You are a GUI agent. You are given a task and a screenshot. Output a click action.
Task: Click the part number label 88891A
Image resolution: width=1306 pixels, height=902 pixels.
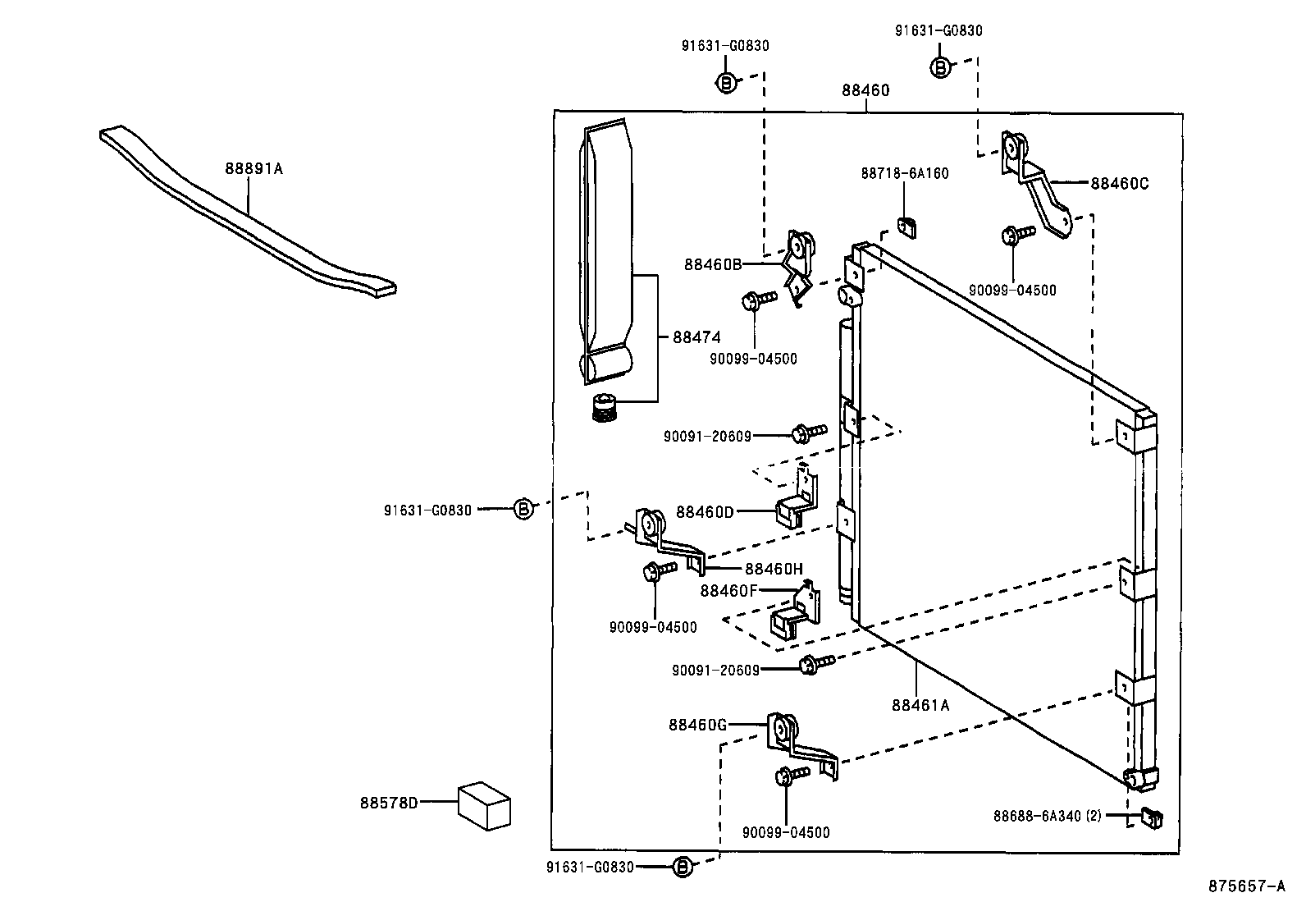[253, 170]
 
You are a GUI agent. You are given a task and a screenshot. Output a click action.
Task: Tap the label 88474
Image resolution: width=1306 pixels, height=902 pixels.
[696, 337]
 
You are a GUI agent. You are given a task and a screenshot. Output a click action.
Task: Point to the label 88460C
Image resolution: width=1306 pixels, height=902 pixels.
[1119, 184]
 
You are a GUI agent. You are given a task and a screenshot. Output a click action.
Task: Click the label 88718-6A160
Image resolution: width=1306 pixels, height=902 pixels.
[904, 174]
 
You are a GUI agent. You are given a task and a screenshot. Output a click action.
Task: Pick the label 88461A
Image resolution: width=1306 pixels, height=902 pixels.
[920, 705]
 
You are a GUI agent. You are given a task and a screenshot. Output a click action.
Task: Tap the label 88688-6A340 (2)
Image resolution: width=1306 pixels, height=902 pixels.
[1048, 816]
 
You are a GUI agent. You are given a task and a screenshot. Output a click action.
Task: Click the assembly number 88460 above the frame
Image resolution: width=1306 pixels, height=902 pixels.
[865, 90]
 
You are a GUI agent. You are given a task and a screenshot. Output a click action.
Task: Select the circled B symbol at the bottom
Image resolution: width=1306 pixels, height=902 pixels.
[682, 867]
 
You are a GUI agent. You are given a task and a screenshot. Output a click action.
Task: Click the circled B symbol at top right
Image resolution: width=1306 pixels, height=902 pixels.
[940, 67]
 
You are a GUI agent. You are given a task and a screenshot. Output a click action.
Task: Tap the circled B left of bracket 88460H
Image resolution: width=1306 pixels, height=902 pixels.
[523, 510]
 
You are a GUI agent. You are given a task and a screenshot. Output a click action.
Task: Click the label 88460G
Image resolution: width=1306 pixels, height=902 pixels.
[697, 725]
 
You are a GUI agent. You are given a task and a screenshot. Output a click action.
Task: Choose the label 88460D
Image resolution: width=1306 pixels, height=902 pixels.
[705, 512]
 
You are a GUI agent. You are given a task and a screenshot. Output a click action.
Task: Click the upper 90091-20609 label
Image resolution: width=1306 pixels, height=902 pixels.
[707, 437]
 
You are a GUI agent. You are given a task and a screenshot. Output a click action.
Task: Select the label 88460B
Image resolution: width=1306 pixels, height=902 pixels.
[713, 264]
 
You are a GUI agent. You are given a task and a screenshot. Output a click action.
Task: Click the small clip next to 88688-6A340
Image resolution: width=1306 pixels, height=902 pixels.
[1151, 817]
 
